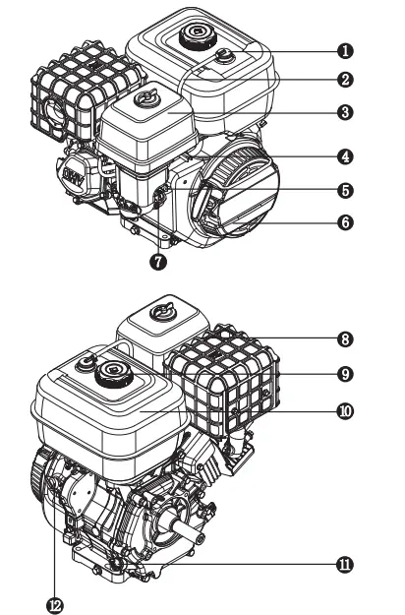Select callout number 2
pos(345,78)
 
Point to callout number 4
pos(345,155)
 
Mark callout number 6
pos(345,222)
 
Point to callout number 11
pos(345,565)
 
